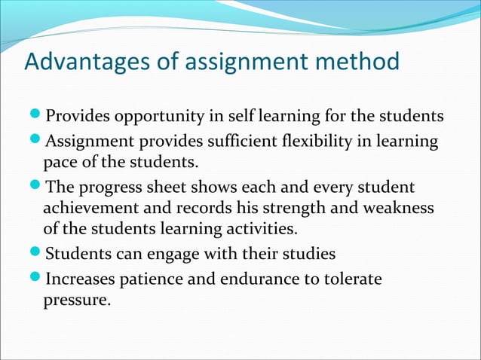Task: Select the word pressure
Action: click(76, 301)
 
